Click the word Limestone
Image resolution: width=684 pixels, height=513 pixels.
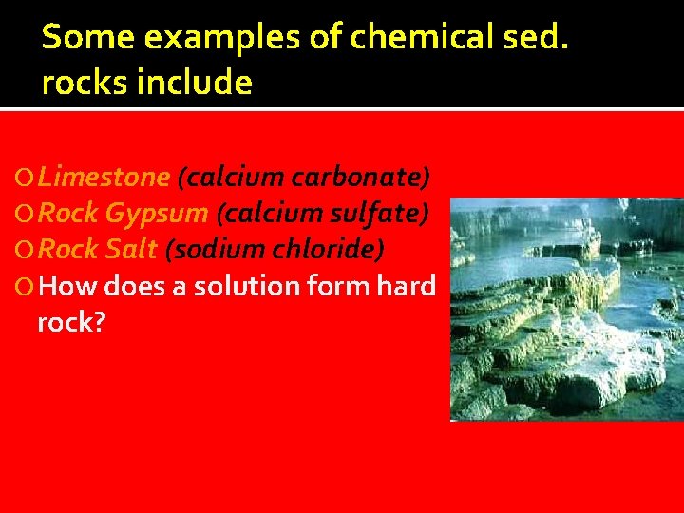coord(104,177)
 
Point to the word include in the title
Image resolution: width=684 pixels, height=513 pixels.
coord(195,83)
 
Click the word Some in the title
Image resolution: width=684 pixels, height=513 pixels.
coord(79,37)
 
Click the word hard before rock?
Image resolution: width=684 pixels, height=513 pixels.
coord(407,285)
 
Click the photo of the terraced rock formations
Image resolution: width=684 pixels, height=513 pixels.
coord(566,309)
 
